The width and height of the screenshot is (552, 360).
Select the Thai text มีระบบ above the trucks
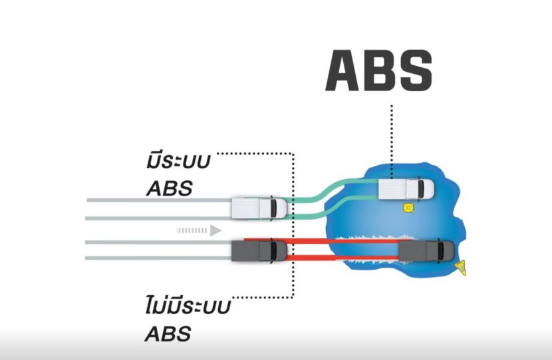179,161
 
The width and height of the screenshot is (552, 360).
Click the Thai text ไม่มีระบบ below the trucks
187,307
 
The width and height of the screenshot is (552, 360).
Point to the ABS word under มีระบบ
169,188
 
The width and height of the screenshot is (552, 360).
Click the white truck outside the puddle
258,208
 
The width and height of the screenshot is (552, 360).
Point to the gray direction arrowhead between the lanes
214,230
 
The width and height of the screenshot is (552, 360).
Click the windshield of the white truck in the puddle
422,189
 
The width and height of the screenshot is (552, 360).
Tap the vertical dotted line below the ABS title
392,140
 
